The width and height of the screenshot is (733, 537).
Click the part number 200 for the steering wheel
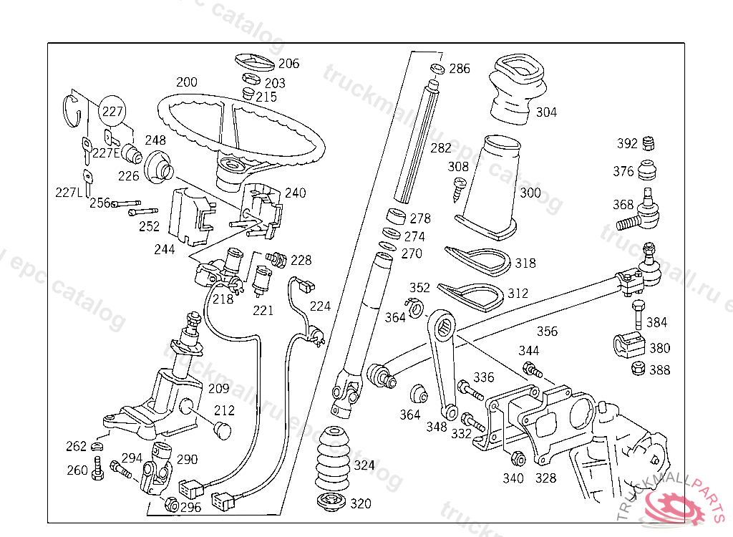tap(186, 82)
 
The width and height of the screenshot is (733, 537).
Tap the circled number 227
tap(112, 112)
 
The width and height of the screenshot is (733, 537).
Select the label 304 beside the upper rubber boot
tap(546, 112)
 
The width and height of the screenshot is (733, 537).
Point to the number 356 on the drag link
tap(547, 332)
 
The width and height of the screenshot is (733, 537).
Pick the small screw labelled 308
tap(458, 188)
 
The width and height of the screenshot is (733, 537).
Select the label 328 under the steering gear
tap(546, 478)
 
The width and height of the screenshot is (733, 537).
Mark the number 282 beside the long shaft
tap(441, 148)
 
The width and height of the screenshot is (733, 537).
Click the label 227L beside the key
tap(69, 193)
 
